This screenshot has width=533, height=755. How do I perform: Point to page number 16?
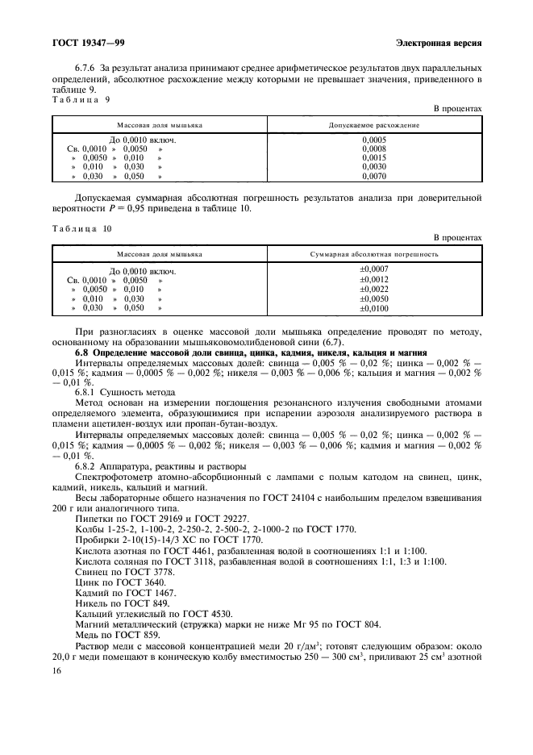(x=56, y=671)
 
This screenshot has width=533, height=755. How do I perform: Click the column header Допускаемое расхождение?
(x=373, y=126)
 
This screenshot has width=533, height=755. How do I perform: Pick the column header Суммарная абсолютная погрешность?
(x=373, y=255)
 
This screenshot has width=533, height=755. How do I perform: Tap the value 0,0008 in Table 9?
(x=373, y=148)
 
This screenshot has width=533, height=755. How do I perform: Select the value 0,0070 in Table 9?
(x=373, y=175)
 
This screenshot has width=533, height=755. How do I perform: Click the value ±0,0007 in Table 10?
(x=373, y=269)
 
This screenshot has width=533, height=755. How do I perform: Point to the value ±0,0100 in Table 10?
(x=373, y=308)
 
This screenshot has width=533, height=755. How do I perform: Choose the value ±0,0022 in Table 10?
(x=373, y=289)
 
